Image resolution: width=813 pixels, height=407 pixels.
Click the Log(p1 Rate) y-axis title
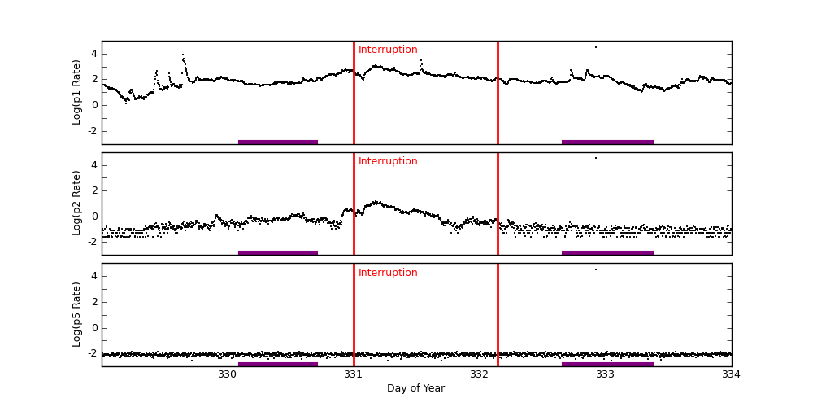(x=77, y=92)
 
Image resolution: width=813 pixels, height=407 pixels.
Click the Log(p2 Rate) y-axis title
(x=77, y=203)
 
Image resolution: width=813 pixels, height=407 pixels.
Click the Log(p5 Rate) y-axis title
(x=77, y=314)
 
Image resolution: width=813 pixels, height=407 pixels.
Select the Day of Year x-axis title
(x=415, y=388)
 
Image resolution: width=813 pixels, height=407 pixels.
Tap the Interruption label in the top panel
(x=388, y=50)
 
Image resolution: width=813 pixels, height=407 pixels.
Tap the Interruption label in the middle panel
(x=388, y=161)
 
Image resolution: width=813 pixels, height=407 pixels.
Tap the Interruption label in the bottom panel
(x=388, y=273)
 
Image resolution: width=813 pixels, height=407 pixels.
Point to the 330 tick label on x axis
(x=228, y=374)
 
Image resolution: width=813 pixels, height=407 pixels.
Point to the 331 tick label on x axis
(x=354, y=374)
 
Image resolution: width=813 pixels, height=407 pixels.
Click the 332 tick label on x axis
(x=480, y=374)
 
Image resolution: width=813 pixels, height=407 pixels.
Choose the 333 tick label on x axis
(x=606, y=374)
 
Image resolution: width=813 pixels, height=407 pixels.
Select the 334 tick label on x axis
(x=731, y=374)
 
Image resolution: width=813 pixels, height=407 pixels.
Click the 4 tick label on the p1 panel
(x=93, y=54)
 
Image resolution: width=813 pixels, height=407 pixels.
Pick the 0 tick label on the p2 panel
(x=93, y=217)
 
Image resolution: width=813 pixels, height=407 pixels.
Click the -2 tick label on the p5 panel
(x=92, y=353)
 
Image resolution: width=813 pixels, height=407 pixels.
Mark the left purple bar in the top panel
(x=277, y=142)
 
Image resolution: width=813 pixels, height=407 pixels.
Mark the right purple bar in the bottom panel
(x=607, y=364)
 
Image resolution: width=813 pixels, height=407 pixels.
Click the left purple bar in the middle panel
(x=277, y=252)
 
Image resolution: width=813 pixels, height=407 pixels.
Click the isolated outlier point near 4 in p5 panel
(x=595, y=269)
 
